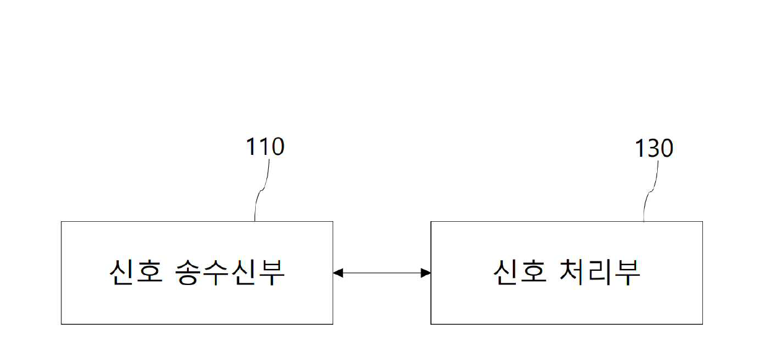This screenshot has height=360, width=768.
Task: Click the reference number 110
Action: click(264, 147)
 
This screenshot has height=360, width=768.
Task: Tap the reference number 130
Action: click(653, 149)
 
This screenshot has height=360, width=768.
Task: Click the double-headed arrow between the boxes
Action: click(382, 273)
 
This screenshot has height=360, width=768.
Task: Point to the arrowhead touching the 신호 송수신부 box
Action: click(338, 273)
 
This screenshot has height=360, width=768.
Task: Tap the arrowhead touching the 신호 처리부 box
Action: click(426, 273)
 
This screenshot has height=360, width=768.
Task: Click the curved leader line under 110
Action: click(261, 189)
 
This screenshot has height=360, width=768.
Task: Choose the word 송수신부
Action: click(227, 273)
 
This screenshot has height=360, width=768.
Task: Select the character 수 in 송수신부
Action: click(212, 273)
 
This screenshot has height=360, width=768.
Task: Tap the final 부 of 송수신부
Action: click(271, 273)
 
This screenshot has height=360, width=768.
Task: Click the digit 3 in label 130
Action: click(653, 149)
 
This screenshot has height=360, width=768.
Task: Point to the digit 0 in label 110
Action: click(276, 147)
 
